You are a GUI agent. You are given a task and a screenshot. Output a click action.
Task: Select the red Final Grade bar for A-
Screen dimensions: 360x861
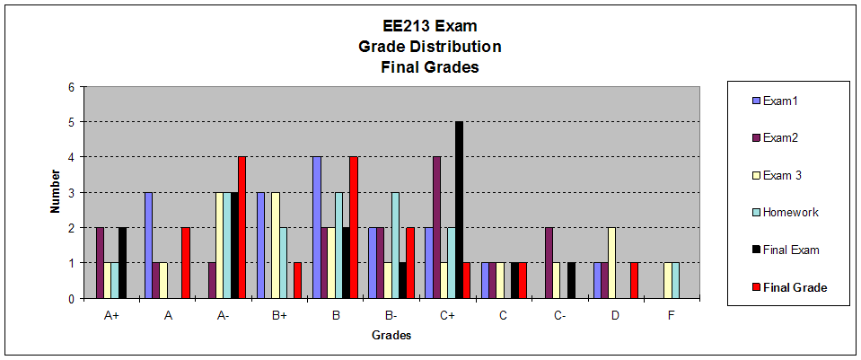click(242, 228)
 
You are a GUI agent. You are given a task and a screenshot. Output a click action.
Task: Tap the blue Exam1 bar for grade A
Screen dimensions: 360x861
click(148, 245)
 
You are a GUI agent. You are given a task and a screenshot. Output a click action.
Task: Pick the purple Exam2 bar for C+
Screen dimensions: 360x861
click(436, 228)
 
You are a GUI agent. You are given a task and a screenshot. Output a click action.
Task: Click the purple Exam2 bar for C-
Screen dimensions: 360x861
click(549, 263)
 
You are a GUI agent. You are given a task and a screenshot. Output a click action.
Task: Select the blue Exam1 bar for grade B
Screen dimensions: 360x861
click(316, 228)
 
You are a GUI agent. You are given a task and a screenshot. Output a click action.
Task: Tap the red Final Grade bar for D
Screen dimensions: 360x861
click(634, 281)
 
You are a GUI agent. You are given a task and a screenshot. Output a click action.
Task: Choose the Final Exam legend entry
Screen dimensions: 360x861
click(789, 250)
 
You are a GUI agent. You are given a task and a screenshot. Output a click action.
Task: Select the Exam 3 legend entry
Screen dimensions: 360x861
click(781, 175)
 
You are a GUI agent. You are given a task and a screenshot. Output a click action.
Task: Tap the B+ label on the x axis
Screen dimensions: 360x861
click(279, 315)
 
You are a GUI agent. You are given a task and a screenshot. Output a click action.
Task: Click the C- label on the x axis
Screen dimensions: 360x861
click(560, 315)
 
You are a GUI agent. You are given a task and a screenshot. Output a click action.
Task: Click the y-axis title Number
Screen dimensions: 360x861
click(55, 193)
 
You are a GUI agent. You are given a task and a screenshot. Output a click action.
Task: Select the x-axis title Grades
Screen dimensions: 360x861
click(391, 336)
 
